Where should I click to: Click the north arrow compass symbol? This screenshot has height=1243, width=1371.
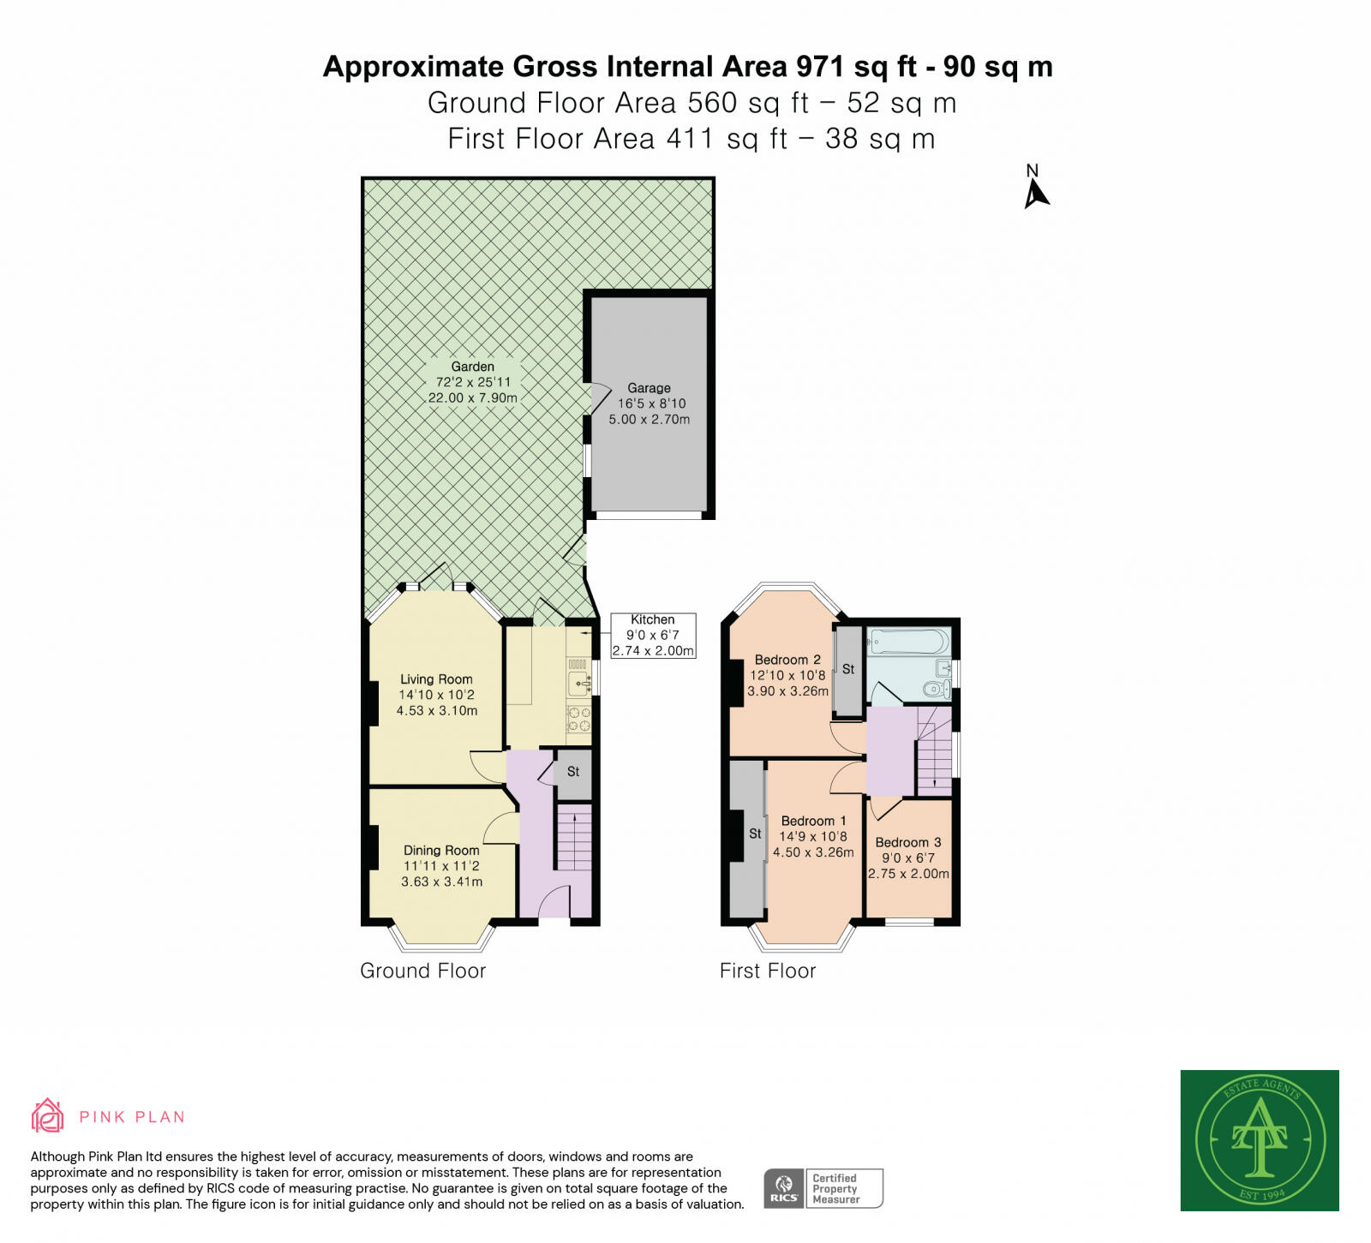[x=1036, y=188]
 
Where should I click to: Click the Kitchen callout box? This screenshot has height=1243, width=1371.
[x=653, y=636]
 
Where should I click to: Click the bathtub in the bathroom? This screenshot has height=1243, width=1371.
[x=908, y=642]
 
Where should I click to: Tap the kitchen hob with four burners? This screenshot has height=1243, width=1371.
[x=578, y=720]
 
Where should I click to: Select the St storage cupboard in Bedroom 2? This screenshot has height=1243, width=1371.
[x=848, y=672]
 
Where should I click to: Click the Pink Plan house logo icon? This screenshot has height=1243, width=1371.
[x=48, y=1115]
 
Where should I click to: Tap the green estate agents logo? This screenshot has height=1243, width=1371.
[x=1260, y=1140]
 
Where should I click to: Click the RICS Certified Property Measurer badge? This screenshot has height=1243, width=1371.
[x=823, y=1188]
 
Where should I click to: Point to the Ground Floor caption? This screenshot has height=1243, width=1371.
[x=422, y=971]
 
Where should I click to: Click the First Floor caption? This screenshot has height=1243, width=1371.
[x=768, y=971]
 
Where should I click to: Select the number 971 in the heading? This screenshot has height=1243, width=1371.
[x=821, y=67]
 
